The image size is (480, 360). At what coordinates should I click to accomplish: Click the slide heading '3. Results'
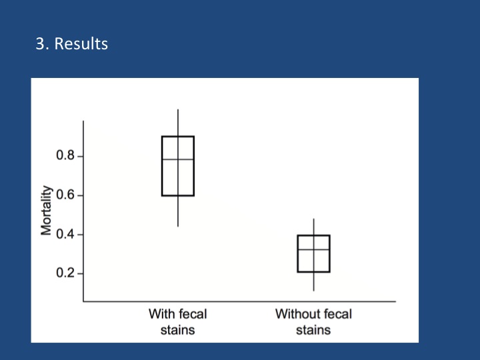pyautogui.click(x=71, y=45)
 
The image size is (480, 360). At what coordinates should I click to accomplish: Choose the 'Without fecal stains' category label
pyautogui.click(x=313, y=321)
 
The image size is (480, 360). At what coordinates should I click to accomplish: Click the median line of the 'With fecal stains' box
pyautogui.click(x=169, y=159)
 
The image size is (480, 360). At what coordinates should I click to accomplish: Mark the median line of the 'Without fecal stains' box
pyautogui.click(x=305, y=249)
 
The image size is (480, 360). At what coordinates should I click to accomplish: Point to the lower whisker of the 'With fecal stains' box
pyautogui.click(x=178, y=211)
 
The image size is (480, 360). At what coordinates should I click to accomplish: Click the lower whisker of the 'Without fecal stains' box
pyautogui.click(x=313, y=281)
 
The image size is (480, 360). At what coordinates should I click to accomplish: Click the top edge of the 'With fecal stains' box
pyautogui.click(x=169, y=137)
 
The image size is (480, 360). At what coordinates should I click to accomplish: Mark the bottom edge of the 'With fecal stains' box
pyautogui.click(x=169, y=195)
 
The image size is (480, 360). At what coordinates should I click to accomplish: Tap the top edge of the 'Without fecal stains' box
pyautogui.click(x=305, y=235)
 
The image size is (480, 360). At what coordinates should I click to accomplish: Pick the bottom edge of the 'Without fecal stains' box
pyautogui.click(x=305, y=272)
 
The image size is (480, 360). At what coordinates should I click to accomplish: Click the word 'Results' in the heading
pyautogui.click(x=81, y=45)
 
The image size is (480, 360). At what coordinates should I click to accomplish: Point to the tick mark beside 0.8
pyautogui.click(x=80, y=157)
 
